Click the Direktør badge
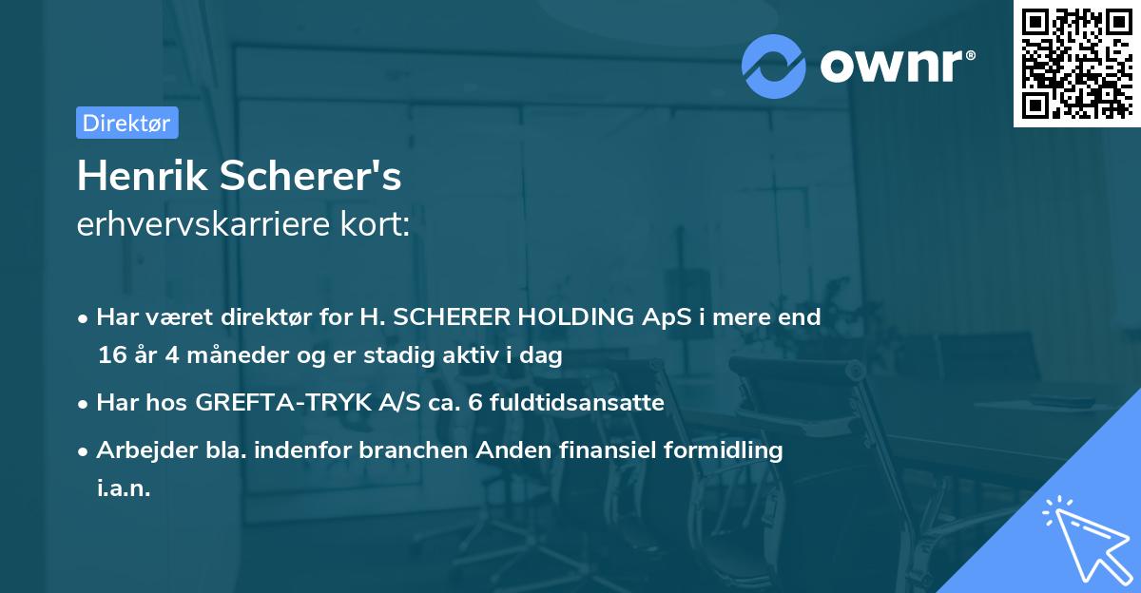[126, 123]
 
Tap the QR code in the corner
[1075, 64]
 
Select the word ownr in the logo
[893, 66]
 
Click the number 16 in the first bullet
[110, 355]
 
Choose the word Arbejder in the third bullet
[139, 450]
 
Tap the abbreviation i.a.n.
[124, 488]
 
